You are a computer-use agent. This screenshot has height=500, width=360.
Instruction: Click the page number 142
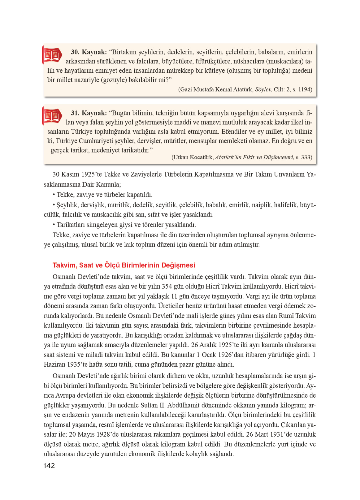49,466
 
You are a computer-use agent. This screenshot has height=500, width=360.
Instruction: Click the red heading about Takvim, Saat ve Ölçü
124,265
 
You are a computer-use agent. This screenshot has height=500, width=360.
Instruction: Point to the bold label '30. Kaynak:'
89,52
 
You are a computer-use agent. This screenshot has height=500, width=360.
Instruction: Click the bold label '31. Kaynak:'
89,113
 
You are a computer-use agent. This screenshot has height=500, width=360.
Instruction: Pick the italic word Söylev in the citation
263,89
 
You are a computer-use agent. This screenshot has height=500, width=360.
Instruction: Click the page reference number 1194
304,89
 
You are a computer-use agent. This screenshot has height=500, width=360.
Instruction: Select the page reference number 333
306,157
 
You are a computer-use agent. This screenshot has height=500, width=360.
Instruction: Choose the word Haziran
54,364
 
